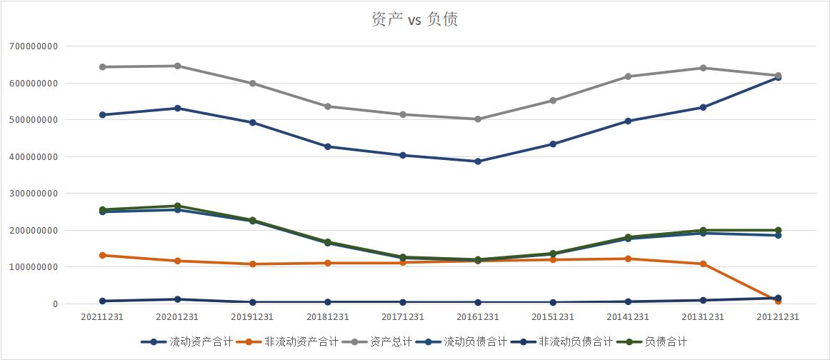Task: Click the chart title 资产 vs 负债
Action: click(415, 20)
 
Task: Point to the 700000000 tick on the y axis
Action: click(43, 46)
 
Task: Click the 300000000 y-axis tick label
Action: click(43, 194)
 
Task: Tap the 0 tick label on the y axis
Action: click(73, 304)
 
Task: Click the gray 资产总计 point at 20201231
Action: click(178, 66)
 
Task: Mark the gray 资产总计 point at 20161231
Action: click(478, 119)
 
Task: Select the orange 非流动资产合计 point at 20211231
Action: click(103, 255)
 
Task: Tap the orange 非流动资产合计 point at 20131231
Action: click(704, 264)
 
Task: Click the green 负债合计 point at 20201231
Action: click(178, 206)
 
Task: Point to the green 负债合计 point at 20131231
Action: click(704, 230)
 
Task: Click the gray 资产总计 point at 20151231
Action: click(553, 101)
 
